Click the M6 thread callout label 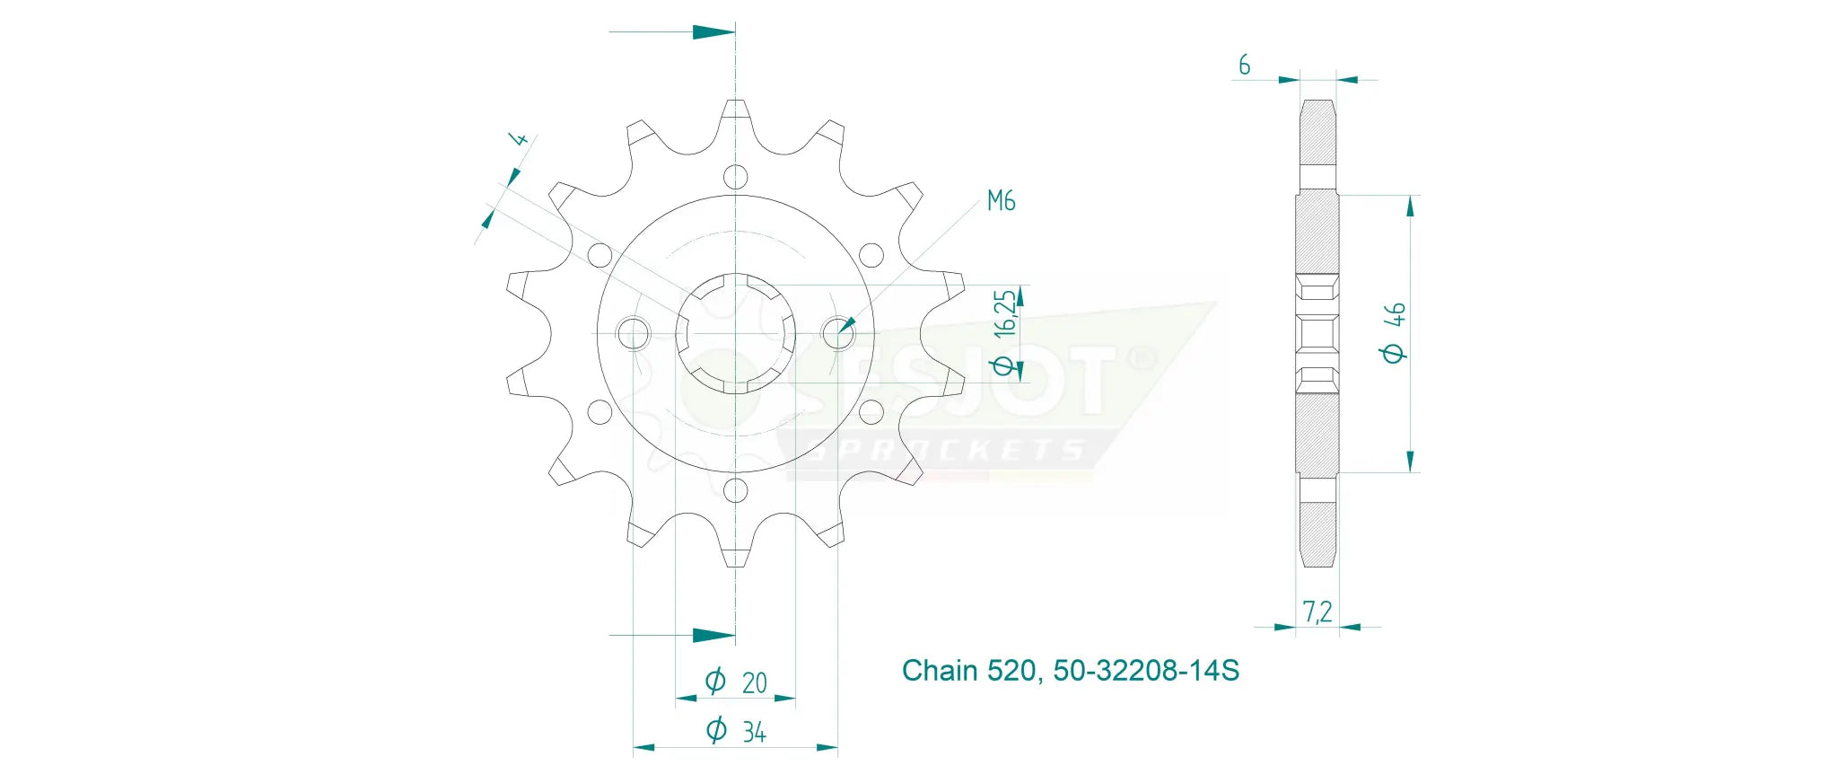[x=1001, y=200]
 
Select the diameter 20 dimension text [x=737, y=682]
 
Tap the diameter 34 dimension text [x=737, y=731]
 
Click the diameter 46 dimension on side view [x=1394, y=332]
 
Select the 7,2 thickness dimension [x=1317, y=612]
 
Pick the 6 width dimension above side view [x=1244, y=65]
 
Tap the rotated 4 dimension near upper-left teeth [x=518, y=139]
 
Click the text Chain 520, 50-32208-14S [x=1070, y=671]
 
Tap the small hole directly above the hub [x=735, y=176]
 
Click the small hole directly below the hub [x=735, y=490]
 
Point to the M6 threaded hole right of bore [x=838, y=333]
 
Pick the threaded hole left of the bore [x=634, y=333]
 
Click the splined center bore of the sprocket [x=735, y=333]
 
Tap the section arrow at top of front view [x=713, y=32]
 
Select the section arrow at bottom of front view [x=713, y=636]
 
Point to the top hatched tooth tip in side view [x=1317, y=130]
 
